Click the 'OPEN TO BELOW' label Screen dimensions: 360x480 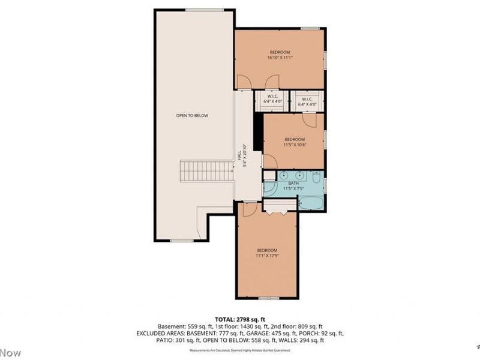(192, 115)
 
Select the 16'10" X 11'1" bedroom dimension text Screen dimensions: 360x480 (279, 58)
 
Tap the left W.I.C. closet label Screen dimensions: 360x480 (272, 100)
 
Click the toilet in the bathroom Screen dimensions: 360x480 (317, 176)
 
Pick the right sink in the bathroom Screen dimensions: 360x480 (300, 176)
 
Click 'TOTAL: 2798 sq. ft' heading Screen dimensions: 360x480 (240, 319)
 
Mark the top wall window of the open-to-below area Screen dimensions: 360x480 (204, 10)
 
